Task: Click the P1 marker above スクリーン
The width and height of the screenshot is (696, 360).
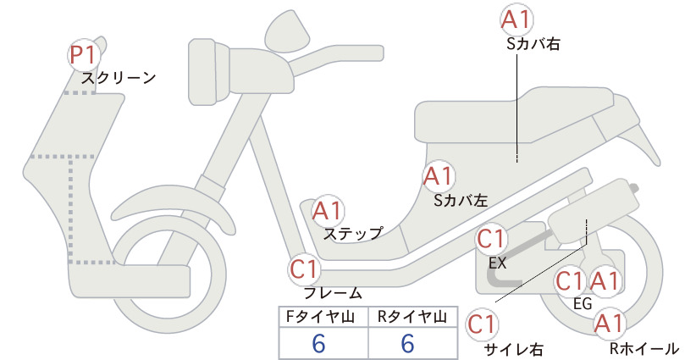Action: (x=84, y=56)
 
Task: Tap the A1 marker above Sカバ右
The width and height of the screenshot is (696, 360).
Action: (x=516, y=20)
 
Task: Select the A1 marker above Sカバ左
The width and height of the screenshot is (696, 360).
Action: (x=438, y=176)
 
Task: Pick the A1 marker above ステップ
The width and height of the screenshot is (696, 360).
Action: (x=328, y=211)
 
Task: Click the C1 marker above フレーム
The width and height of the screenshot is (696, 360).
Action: (x=305, y=269)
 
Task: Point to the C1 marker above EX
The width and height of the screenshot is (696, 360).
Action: (x=491, y=239)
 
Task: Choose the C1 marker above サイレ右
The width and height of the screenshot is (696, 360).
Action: (x=482, y=324)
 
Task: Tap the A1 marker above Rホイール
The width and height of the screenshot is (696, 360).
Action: (x=609, y=324)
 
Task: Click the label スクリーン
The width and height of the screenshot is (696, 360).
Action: (x=119, y=78)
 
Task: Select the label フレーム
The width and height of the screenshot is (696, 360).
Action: (x=333, y=293)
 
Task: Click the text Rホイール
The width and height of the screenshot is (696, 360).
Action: (x=644, y=348)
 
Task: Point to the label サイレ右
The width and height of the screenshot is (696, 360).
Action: (x=514, y=350)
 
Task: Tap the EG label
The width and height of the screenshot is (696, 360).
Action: (x=583, y=304)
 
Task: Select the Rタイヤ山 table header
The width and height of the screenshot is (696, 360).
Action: (x=412, y=317)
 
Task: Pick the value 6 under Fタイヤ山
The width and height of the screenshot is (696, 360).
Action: (x=318, y=344)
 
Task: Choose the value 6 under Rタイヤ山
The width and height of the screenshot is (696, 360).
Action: (x=407, y=344)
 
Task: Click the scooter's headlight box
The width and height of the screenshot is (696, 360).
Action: (x=209, y=71)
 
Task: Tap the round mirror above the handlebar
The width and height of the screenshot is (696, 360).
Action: (x=287, y=30)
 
